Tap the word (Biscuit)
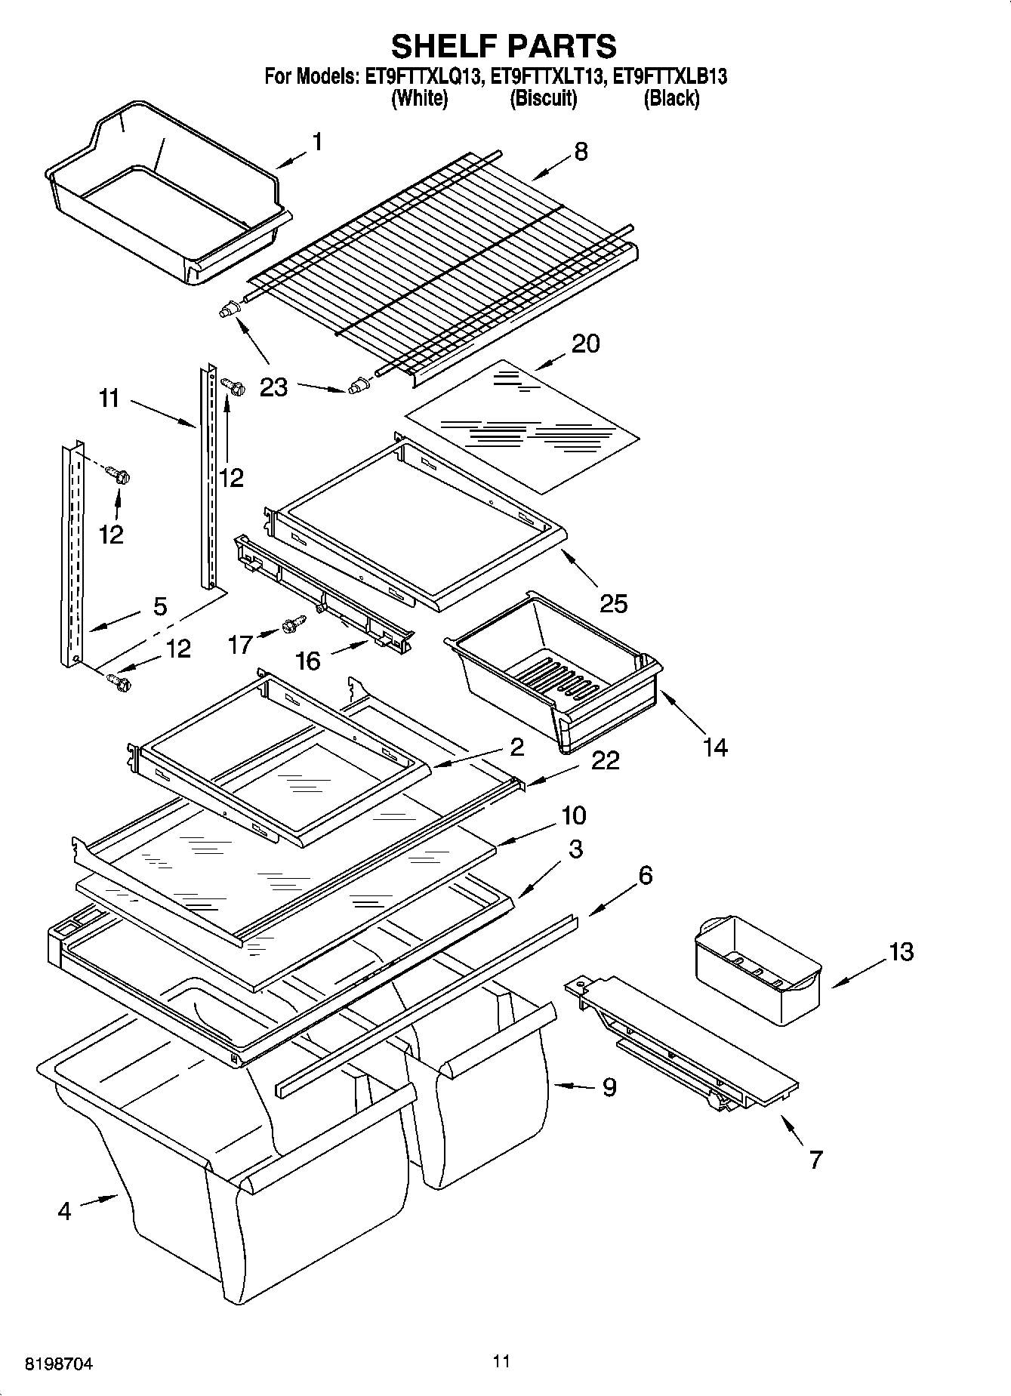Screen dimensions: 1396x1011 coord(544,98)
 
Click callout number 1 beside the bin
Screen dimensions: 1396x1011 coord(317,141)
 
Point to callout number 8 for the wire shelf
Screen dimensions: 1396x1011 coord(580,151)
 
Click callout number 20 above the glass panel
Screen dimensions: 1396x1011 coord(585,344)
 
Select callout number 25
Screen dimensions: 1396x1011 coord(613,603)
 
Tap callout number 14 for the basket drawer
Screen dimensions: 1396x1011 coord(714,747)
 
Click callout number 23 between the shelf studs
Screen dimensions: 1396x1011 coord(273,387)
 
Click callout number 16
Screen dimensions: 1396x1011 coord(308,661)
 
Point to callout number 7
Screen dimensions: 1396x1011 coord(815,1159)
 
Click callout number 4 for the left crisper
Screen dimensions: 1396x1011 coord(64,1211)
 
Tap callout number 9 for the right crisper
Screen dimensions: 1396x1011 coord(609,1087)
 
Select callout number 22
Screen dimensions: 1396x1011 coord(605,760)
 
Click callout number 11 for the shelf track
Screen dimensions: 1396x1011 coord(109,398)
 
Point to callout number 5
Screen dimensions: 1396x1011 coord(160,606)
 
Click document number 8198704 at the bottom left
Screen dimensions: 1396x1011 coord(59,1364)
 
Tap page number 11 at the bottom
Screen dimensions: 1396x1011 coord(501,1361)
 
